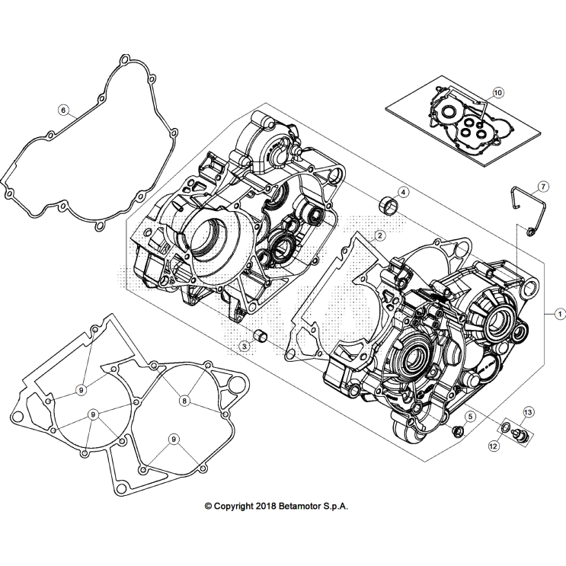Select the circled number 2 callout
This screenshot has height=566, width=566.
[379, 236]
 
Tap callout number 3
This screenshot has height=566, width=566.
[245, 346]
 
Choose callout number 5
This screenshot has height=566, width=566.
[470, 416]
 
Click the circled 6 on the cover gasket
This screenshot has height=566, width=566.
[63, 110]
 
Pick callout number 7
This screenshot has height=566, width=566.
[542, 186]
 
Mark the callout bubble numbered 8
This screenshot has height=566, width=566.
[184, 399]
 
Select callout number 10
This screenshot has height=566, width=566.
[497, 93]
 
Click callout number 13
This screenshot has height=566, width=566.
[528, 412]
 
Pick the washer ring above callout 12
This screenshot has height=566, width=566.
[507, 426]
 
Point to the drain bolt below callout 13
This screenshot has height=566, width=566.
[522, 435]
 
